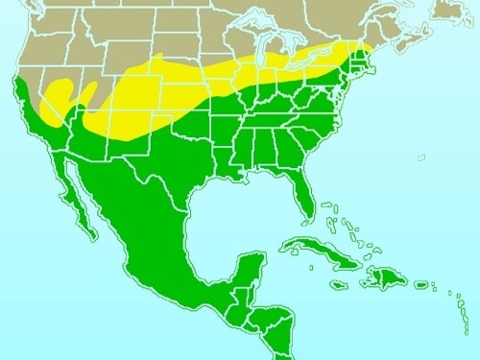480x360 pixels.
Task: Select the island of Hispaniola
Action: coord(383,277)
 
